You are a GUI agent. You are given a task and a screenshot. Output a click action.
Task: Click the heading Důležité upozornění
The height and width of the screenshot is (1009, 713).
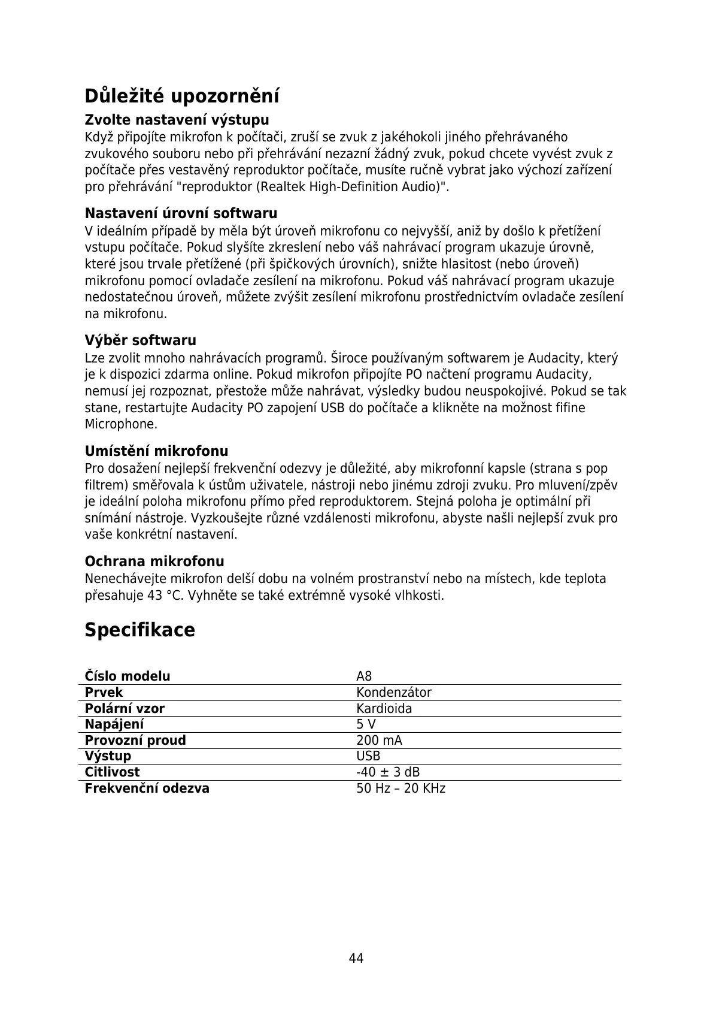182,96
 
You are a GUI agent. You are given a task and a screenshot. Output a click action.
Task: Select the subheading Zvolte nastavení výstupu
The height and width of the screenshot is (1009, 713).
177,119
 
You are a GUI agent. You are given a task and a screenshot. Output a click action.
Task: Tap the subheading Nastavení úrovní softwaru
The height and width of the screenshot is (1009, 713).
181,213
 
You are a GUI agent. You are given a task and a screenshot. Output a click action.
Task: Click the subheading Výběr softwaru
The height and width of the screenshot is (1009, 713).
140,340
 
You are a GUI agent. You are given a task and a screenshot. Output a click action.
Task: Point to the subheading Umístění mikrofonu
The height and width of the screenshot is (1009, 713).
156,451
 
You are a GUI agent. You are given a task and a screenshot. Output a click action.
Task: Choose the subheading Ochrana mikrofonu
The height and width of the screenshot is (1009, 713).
154,561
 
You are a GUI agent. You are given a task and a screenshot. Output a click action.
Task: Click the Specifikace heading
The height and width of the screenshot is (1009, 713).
139,630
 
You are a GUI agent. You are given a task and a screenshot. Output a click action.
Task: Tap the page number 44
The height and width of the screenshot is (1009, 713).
356,958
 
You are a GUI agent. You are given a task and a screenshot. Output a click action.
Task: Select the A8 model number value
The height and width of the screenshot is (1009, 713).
364,676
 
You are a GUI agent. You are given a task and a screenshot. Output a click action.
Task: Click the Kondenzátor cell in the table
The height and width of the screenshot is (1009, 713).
393,693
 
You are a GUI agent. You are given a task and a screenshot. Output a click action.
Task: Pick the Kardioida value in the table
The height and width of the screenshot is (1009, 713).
384,709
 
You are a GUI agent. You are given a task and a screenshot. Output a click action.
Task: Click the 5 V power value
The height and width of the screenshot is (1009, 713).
366,724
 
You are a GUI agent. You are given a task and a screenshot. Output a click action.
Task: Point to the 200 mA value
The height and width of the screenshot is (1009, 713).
379,741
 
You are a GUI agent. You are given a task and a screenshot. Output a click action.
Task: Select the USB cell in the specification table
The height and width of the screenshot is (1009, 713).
368,756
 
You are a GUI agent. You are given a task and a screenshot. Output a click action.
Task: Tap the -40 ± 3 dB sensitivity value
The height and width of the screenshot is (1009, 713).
388,772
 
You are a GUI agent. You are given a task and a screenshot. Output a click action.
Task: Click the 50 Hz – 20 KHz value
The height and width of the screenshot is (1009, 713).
401,789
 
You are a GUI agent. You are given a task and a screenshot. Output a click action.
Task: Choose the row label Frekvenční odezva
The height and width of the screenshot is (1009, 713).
147,789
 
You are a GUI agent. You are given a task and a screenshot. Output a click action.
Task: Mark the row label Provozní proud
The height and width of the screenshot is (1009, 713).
135,741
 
